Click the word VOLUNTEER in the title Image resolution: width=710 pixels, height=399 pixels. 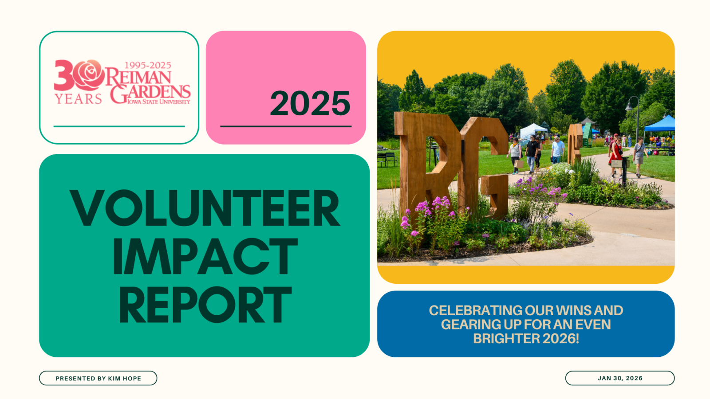pos(205,208)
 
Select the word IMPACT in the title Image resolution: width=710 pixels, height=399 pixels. pos(205,256)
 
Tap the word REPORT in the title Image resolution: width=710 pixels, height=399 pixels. pos(205,305)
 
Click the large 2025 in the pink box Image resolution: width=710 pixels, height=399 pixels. pos(310,103)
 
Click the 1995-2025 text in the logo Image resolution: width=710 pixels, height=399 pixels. pos(147,66)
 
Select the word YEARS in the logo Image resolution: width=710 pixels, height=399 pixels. pos(78,98)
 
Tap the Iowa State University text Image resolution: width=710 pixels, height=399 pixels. pos(158,102)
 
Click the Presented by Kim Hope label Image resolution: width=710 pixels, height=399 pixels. pos(98,378)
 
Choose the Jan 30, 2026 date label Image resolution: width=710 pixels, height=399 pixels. pos(619,378)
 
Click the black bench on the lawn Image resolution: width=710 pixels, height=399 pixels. pos(387,158)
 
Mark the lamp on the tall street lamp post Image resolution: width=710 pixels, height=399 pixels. pos(629,106)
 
